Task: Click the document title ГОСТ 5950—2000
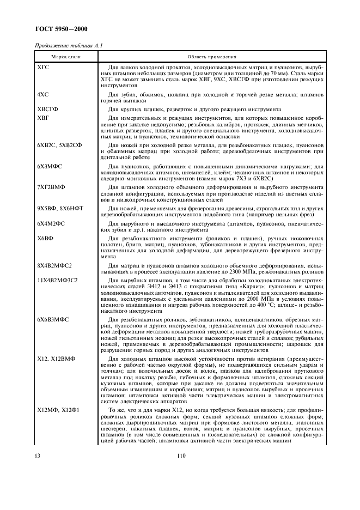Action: (x=62, y=29)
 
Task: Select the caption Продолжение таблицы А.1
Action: (x=69, y=46)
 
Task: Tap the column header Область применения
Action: (x=211, y=56)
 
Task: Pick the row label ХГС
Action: (x=42, y=66)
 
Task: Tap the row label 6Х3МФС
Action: (x=50, y=166)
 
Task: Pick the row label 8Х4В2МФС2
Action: (x=54, y=265)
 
